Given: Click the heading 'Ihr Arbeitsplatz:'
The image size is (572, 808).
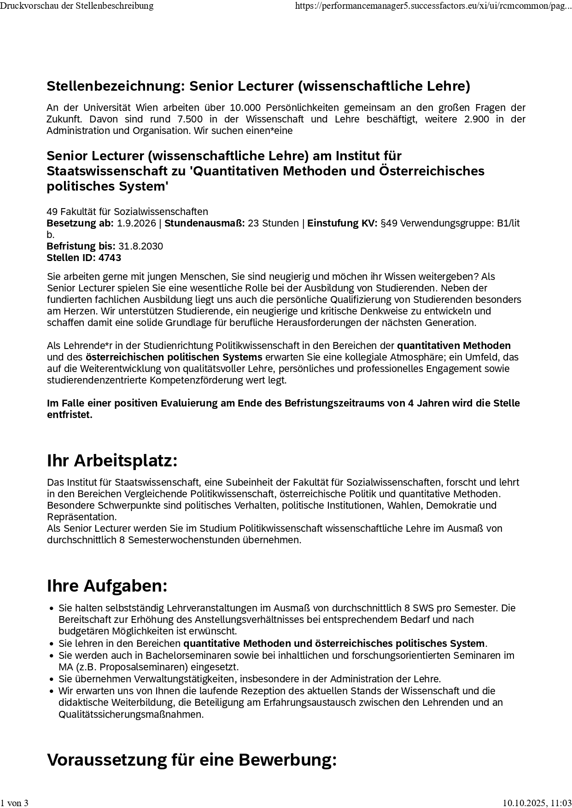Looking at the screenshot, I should (112, 460).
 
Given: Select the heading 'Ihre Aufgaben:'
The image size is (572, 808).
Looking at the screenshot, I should (107, 586).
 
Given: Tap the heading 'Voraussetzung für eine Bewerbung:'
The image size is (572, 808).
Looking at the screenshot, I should (192, 760).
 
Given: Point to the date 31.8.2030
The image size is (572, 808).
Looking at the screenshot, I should (140, 246).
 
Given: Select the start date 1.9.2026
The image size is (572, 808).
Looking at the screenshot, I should (136, 223).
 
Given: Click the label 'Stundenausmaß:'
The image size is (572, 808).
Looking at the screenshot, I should (204, 223).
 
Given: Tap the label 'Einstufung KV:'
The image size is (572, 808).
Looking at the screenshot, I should (342, 223).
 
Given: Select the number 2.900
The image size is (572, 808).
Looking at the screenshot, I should (477, 119).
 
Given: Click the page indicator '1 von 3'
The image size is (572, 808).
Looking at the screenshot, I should (14, 803).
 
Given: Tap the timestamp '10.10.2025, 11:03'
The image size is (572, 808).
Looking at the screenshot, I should (537, 803).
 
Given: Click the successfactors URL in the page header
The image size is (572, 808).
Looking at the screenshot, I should (433, 6).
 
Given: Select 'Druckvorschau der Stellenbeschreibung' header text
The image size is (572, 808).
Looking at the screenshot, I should (77, 6).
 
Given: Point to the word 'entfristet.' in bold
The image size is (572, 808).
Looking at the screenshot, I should (70, 415).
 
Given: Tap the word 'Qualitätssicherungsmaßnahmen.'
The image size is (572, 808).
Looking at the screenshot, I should (131, 715).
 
